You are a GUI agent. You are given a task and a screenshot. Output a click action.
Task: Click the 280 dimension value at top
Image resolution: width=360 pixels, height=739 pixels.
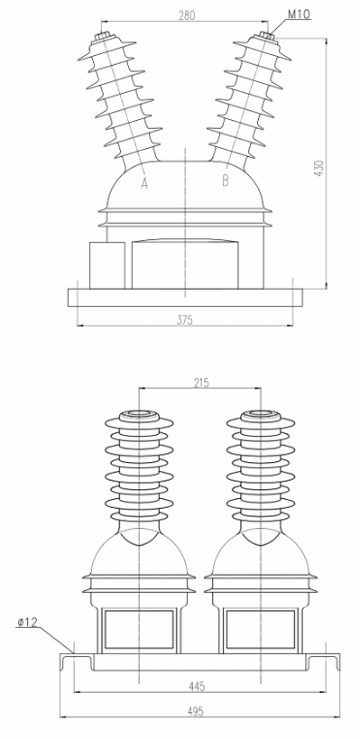pyautogui.click(x=187, y=14)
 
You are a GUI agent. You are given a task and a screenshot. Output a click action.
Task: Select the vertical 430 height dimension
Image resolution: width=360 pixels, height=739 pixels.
pyautogui.click(x=318, y=168)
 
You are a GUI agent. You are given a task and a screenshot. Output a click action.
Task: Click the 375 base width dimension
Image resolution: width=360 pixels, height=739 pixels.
pyautogui.click(x=185, y=319)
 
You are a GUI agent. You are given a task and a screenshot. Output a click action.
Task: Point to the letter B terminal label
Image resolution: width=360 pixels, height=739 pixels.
pyautogui.click(x=226, y=181)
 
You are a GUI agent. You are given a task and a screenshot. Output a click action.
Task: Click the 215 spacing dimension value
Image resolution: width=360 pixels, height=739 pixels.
pyautogui.click(x=200, y=383)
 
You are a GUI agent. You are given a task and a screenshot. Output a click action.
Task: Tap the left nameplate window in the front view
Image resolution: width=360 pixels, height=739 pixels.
pyautogui.click(x=140, y=627)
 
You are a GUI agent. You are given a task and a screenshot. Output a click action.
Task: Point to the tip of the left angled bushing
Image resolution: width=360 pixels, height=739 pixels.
pyautogui.click(x=101, y=39)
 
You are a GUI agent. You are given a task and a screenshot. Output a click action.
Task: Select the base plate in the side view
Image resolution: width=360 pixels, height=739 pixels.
pyautogui.click(x=185, y=296)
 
